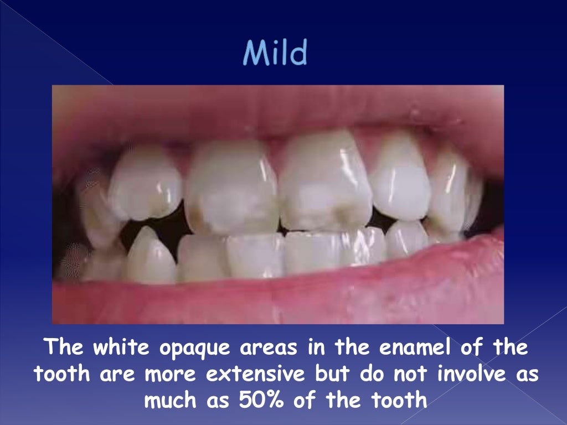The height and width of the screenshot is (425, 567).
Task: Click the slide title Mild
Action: pos(275,54)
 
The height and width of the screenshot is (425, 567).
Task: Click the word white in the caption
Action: pos(120,348)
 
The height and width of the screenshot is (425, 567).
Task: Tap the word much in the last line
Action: pos(170,400)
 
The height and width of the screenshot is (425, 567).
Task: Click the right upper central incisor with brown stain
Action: pos(326,183)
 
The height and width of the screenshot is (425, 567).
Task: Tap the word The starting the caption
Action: pos(63,348)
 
